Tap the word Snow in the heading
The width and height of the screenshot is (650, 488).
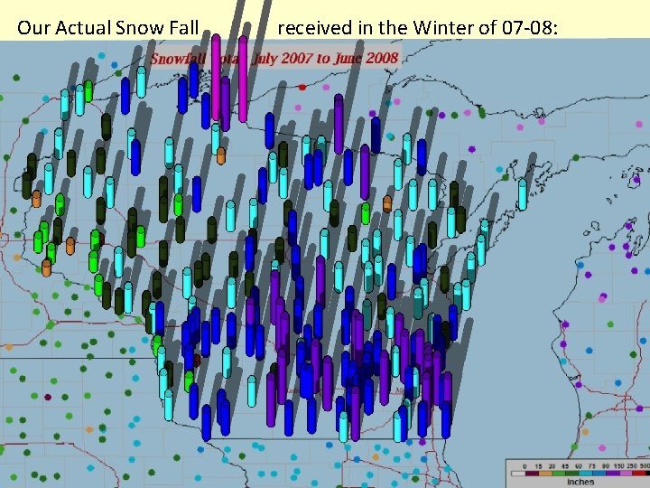pos(136,28)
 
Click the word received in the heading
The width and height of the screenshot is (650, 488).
pos(313,28)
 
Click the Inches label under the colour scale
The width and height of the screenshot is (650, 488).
pos(580,482)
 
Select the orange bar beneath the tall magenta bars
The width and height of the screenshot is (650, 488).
pos(221,155)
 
